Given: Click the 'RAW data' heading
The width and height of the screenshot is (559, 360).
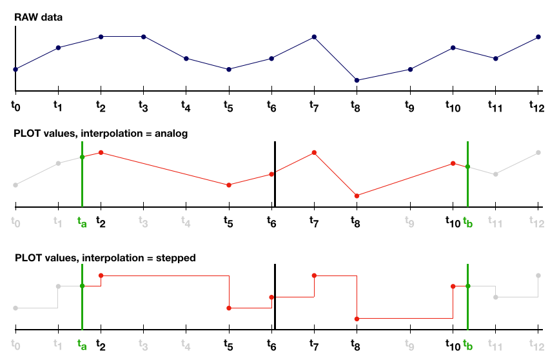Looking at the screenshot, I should [39, 17].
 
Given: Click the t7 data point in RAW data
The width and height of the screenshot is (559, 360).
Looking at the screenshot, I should [314, 37].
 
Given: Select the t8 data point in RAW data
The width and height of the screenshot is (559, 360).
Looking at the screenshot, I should [357, 80].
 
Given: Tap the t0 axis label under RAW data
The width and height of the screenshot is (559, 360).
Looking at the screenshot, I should [16, 103].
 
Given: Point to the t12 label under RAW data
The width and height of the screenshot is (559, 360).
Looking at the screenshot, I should [534, 105].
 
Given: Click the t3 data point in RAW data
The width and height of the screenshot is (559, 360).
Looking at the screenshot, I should [143, 37].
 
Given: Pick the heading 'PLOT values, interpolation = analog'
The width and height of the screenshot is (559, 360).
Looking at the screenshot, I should [101, 134].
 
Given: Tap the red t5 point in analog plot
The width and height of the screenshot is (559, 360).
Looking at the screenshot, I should [229, 185].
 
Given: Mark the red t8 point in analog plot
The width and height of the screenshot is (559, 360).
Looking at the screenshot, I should [357, 195].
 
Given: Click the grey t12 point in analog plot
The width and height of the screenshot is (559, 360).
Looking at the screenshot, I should [538, 153].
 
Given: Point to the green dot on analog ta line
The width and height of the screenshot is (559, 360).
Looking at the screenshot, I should [82, 157].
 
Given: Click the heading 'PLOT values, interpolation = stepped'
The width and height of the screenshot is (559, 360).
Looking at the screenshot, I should [105, 257].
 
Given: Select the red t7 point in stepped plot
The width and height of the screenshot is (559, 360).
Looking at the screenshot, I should [314, 275].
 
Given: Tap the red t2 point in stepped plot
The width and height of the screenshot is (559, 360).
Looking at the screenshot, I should [101, 275].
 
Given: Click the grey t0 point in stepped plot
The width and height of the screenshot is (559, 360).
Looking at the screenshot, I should [15, 308].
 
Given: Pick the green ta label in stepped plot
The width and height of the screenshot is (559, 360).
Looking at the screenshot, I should [81, 345].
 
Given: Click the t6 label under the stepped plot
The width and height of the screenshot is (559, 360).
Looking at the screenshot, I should [271, 345].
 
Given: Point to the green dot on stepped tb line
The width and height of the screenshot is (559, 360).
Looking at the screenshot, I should [467, 286].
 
